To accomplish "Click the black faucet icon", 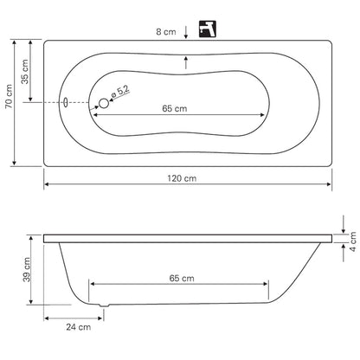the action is (208, 29).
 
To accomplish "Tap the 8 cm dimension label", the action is (166, 32).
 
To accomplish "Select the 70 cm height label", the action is (9, 96).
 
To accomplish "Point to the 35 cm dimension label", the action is (25, 72).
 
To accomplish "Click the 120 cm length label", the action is (182, 178).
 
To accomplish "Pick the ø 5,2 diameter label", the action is (120, 92).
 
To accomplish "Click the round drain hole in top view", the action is (104, 103).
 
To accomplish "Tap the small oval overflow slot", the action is (66, 102).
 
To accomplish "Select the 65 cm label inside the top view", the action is (175, 109).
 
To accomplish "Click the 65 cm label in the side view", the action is (182, 279).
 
